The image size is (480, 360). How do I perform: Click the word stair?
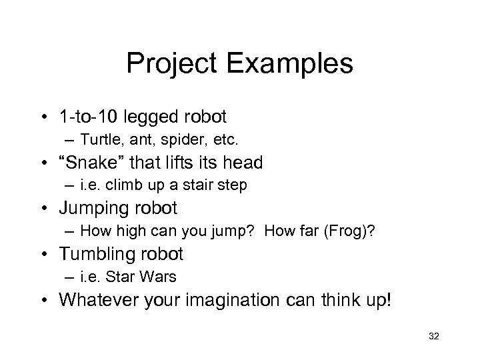(x=201, y=185)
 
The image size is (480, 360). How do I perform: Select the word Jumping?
(x=96, y=208)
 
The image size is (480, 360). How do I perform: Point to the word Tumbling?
(x=99, y=254)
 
